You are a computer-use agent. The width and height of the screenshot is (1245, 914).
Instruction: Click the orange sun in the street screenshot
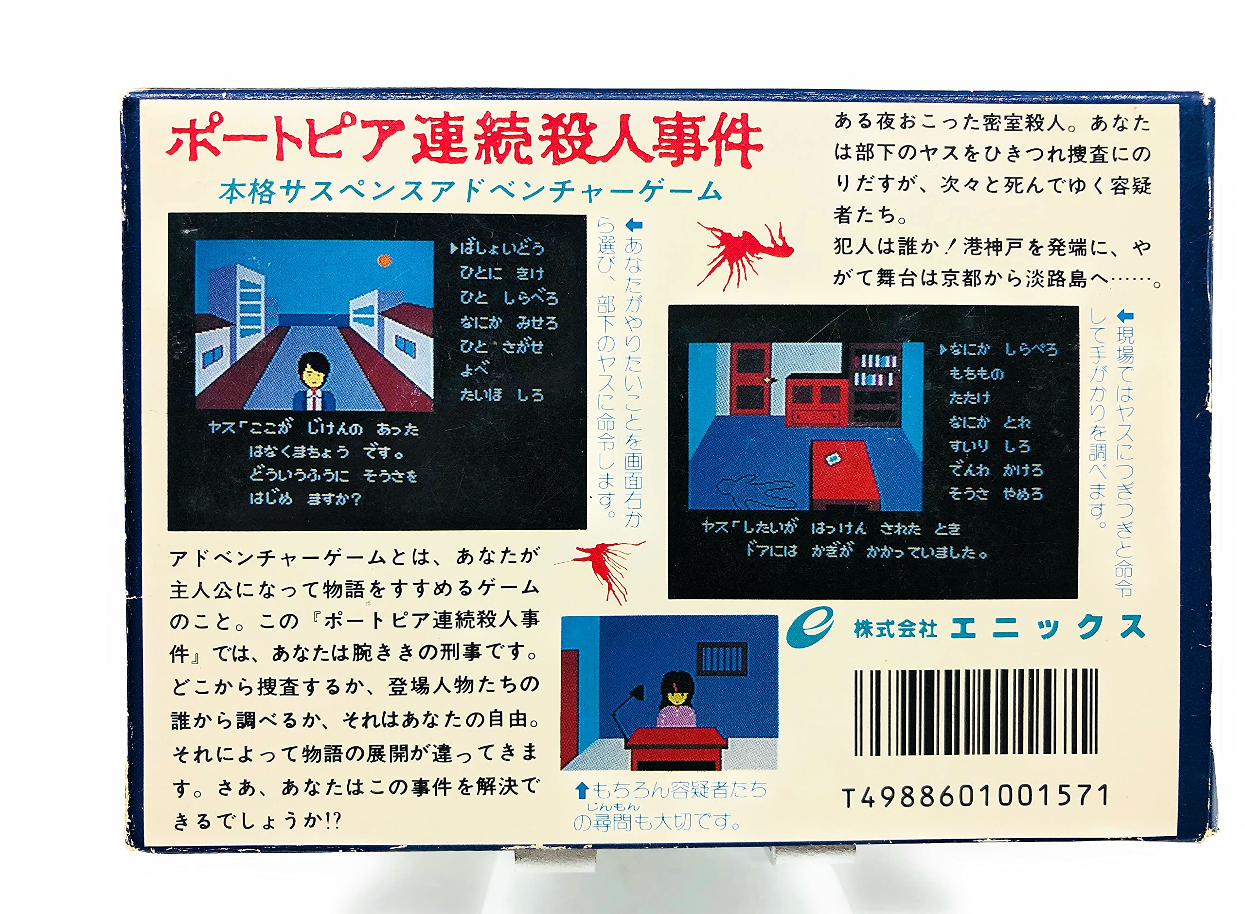(x=383, y=260)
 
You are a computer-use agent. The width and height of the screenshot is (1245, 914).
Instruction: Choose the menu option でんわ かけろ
(x=996, y=470)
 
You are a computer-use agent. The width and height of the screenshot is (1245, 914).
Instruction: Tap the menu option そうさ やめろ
(x=996, y=493)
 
